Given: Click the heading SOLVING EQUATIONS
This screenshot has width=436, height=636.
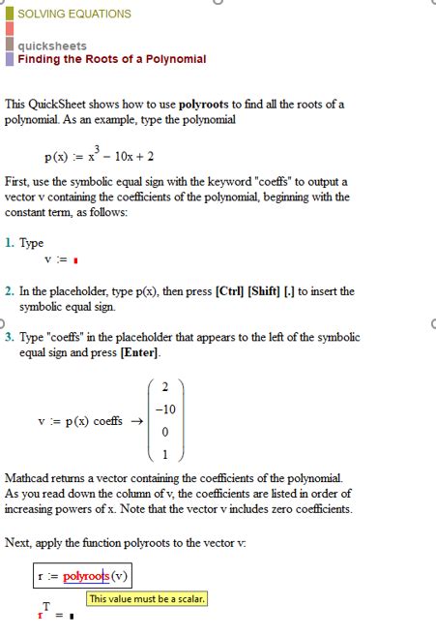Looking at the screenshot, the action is coord(73,14).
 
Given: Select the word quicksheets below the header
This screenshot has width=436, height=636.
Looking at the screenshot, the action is coord(51,45).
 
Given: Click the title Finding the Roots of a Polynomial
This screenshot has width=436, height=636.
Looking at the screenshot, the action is coord(111,59).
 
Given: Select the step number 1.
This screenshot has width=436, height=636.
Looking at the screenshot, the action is coord(9,244).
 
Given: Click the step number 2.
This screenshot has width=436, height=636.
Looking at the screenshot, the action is coord(9,290).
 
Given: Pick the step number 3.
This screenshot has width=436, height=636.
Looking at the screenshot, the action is coord(9,337).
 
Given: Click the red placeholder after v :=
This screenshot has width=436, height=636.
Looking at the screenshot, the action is coord(75,260).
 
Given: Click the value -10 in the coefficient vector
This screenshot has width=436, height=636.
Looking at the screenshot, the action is coord(164,409).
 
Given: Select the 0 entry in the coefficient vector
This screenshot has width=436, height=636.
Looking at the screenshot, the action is coord(165,432).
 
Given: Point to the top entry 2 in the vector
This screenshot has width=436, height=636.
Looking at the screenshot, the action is coord(165,387).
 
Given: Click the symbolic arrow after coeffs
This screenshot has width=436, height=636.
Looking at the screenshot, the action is coord(136,422).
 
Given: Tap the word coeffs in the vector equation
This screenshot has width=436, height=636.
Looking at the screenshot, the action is coord(107,422).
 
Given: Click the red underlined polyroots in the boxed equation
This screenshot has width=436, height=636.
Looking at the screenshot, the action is coord(86,577).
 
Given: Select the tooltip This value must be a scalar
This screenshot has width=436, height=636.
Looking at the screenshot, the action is coord(147,599).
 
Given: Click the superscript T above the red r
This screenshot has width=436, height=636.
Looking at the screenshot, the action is coord(45,606).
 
